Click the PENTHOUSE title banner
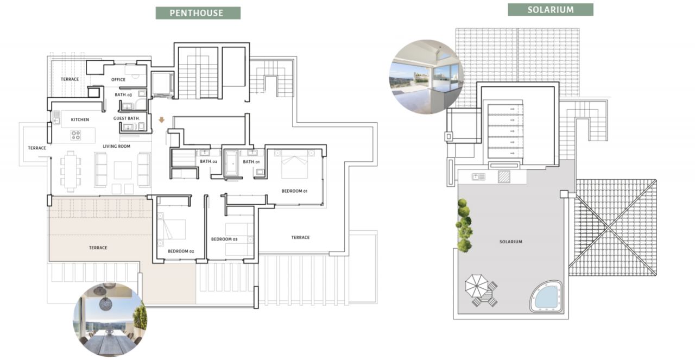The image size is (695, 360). tap(198, 13)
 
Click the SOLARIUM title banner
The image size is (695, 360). tap(551, 10)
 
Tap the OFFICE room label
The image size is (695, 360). tap(118, 80)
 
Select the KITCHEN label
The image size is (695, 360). tap(80, 119)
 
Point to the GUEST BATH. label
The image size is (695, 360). tap(127, 118)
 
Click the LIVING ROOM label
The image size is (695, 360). tap(117, 146)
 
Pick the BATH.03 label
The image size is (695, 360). tap(123, 94)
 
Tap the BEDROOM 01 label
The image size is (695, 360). tap(294, 191)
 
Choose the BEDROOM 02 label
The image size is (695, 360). tap(181, 251)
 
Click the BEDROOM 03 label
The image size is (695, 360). tap(224, 239)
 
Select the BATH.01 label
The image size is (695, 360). tap(251, 162)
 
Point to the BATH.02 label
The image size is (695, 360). tap(208, 161)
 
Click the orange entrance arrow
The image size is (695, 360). tap(162, 120)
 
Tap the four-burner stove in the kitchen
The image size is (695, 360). tap(75, 135)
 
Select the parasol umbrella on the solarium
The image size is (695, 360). tap(477, 286)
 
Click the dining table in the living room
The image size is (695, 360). tap(71, 171)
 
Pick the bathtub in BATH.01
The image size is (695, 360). tap(231, 163)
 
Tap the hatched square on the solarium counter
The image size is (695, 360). tap(504, 176)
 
